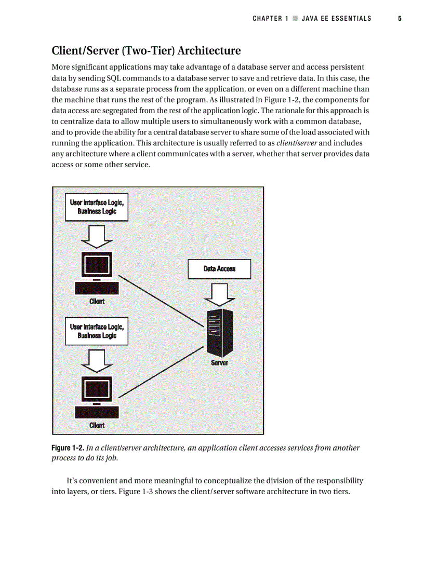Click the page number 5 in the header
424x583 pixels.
[400, 19]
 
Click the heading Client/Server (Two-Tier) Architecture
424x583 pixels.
[146, 51]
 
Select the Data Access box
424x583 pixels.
[219, 269]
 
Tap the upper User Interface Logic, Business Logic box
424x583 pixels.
[97, 207]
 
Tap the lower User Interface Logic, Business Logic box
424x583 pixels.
[97, 331]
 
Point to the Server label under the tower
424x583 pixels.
[219, 363]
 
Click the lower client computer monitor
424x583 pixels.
[97, 389]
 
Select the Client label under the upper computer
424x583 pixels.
[97, 301]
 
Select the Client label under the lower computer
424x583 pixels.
[97, 425]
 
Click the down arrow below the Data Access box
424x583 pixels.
[219, 294]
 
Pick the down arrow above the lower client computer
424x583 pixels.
[97, 360]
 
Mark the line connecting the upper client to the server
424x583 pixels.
[161, 301]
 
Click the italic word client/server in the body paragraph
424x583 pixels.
[298, 143]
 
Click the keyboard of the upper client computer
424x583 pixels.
[97, 289]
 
